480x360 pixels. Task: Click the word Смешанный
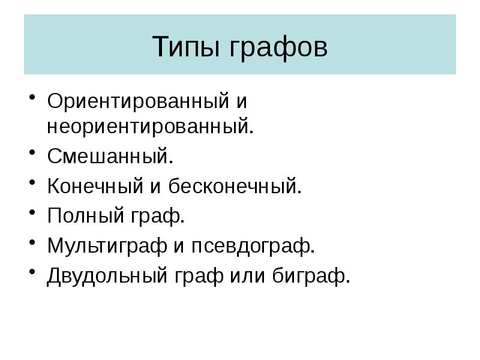pos(110,157)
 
